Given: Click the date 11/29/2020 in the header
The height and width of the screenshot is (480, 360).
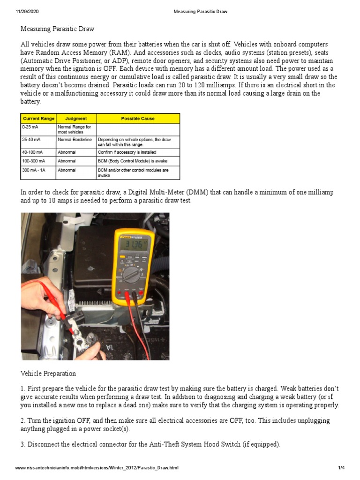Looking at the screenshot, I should click(x=27, y=12).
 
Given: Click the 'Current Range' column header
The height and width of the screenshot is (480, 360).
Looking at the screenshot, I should click(x=38, y=119).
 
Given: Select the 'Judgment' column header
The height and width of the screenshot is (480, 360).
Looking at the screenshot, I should click(x=75, y=119).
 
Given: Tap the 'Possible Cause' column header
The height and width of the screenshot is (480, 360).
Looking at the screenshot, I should click(x=137, y=119).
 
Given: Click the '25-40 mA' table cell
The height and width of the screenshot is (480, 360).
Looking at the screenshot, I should click(x=32, y=139).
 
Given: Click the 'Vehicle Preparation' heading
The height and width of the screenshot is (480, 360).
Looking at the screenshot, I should click(x=48, y=374).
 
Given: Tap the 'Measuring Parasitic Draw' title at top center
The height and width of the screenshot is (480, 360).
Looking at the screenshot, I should click(x=200, y=12).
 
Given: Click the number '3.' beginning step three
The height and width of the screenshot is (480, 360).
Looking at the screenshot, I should click(x=23, y=444).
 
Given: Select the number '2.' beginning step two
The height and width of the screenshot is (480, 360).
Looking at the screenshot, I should click(x=23, y=420).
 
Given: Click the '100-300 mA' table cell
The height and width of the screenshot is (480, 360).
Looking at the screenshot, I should click(x=34, y=161).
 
